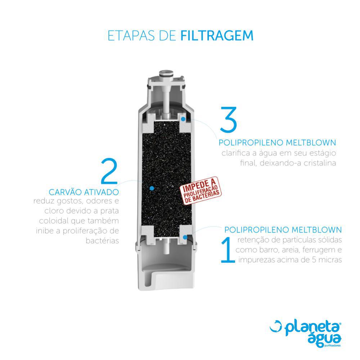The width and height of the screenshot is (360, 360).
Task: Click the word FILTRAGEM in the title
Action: coord(217,36)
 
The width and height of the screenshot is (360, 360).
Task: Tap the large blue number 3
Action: coord(228,120)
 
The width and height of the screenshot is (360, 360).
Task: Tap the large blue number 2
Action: coord(109,171)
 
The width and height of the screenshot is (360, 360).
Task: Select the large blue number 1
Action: coord(228,250)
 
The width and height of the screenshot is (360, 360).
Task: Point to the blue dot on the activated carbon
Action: coord(152,188)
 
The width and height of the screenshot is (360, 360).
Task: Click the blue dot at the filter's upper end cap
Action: coord(183,119)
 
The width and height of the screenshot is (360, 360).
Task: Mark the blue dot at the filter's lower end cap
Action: coord(185,237)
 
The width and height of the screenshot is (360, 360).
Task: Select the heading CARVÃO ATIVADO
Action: coord(84,192)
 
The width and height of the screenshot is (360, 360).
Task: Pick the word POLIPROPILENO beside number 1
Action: coord(255,230)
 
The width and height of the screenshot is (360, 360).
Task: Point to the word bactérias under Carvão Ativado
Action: coord(102,241)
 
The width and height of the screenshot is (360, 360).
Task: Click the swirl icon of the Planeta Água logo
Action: coord(276,326)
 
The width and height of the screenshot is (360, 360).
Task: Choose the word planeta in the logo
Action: coord(312,328)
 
